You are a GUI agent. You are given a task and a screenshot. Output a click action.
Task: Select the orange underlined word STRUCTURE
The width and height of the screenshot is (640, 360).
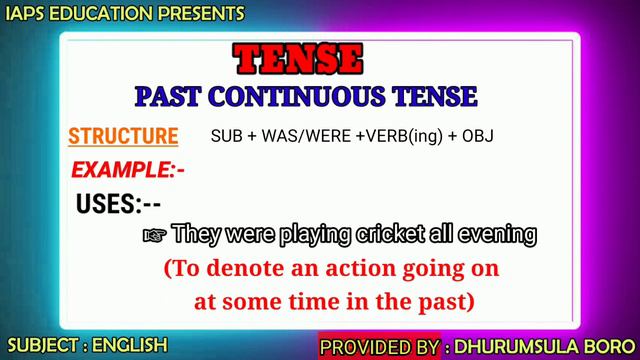(x=122, y=136)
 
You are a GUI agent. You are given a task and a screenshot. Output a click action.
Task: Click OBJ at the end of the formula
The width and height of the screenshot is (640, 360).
(x=478, y=136)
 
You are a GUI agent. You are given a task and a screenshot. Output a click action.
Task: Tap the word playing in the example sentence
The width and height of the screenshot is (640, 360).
(x=314, y=236)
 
